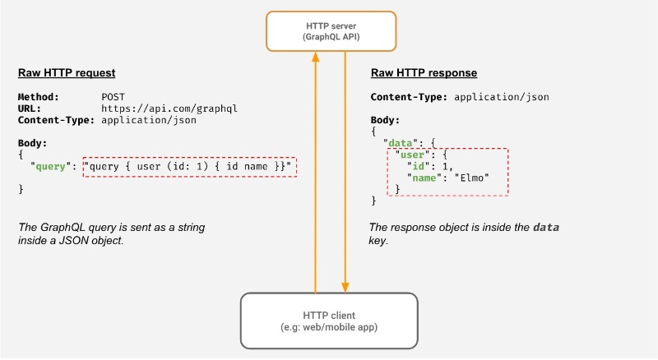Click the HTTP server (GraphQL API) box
pyautogui.click(x=331, y=31)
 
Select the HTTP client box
pyautogui.click(x=329, y=321)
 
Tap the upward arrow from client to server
pyautogui.click(x=316, y=172)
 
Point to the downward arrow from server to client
pyautogui.click(x=345, y=172)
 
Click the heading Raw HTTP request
pyautogui.click(x=67, y=73)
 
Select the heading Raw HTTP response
pyautogui.click(x=424, y=73)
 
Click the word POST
pyautogui.click(x=113, y=97)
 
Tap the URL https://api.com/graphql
pyautogui.click(x=169, y=108)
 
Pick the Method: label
pyautogui.click(x=38, y=97)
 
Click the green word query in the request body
pyautogui.click(x=50, y=167)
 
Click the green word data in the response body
pyautogui.click(x=401, y=143)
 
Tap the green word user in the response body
pyautogui.click(x=412, y=155)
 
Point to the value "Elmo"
pyautogui.click(x=471, y=178)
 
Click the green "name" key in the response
pyautogui.click(x=424, y=178)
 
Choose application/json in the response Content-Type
pyautogui.click(x=502, y=97)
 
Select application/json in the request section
pyautogui.click(x=149, y=121)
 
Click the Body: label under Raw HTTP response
pyautogui.click(x=385, y=120)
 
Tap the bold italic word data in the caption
pyautogui.click(x=546, y=228)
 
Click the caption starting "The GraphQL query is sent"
pyautogui.click(x=111, y=233)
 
